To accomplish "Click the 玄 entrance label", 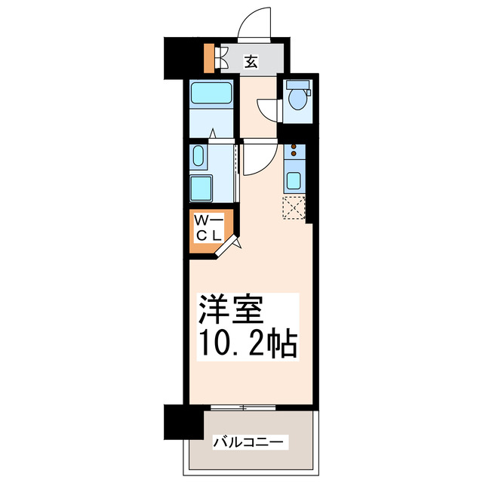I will (251, 61).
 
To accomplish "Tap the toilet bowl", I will (298, 97).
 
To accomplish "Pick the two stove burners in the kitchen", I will (294, 152).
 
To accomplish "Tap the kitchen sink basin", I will (294, 180).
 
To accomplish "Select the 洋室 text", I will (231, 311).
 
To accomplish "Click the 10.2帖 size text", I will (248, 344).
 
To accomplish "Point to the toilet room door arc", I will (269, 112).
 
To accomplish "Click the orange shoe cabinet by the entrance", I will (209, 57).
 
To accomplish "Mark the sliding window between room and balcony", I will (243, 408).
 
